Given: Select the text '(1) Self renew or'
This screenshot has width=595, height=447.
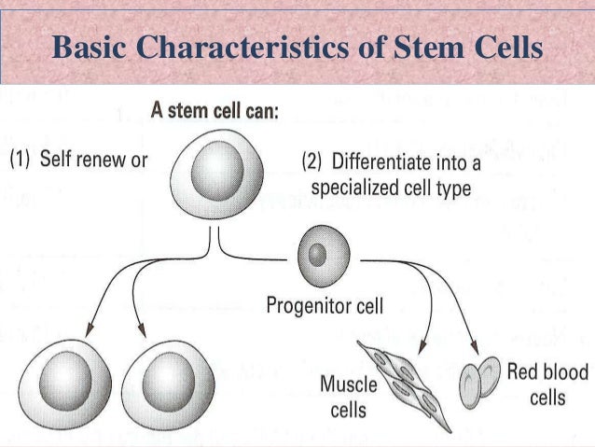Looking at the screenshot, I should pos(78,159).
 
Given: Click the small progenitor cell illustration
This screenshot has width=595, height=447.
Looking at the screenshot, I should pos(321,254).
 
